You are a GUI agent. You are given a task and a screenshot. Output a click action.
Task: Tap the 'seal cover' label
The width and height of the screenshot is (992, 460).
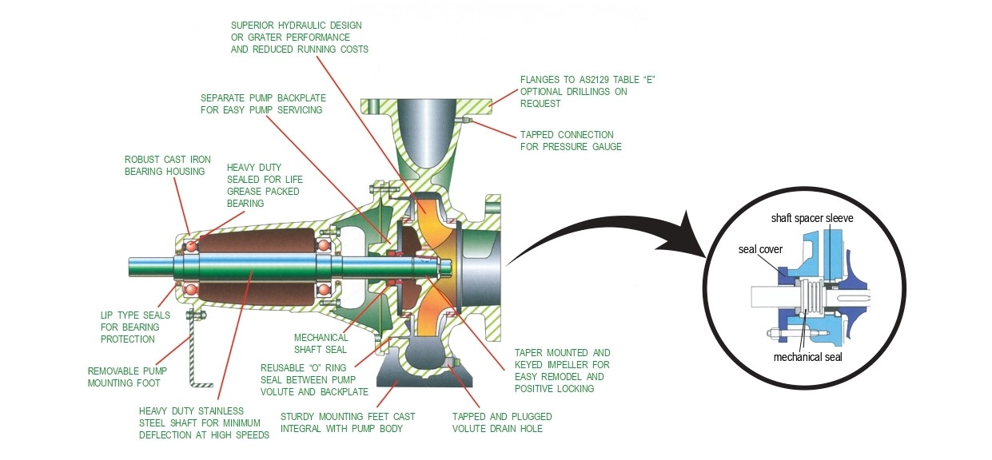click(x=759, y=248)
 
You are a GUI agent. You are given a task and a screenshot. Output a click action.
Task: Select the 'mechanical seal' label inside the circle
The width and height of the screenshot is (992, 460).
click(x=807, y=357)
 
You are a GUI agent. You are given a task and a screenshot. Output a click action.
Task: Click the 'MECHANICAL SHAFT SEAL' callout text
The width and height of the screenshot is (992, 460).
click(x=321, y=343)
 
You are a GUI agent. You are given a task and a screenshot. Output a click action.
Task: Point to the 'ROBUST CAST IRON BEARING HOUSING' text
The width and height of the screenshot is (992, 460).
click(x=167, y=165)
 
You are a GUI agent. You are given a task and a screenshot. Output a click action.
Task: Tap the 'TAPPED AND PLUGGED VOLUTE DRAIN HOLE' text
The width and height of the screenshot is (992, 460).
click(x=501, y=422)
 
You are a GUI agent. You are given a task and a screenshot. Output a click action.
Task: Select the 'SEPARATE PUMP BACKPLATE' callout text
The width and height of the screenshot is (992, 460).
click(x=261, y=103)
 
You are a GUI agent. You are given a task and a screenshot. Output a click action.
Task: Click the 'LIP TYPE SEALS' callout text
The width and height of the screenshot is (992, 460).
click(x=135, y=327)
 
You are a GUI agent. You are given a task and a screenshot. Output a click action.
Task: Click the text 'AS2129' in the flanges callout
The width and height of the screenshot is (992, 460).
click(x=592, y=80)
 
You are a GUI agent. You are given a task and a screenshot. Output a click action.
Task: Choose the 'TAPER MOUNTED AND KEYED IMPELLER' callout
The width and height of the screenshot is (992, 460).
click(x=562, y=371)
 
